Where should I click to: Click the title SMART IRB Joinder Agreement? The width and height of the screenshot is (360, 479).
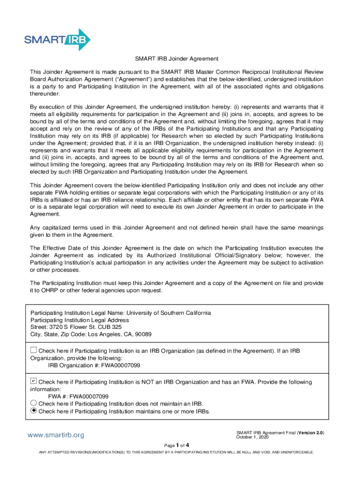(x=177, y=59)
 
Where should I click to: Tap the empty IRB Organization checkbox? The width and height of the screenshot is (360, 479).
(x=33, y=350)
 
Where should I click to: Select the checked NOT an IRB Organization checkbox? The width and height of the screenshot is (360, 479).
(x=33, y=381)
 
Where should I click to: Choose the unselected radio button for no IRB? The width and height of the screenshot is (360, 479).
(x=33, y=403)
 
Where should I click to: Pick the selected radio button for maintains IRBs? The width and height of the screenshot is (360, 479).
(x=33, y=411)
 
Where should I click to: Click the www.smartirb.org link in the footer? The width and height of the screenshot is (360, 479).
(x=56, y=435)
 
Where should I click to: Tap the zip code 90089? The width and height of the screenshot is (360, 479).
(x=144, y=334)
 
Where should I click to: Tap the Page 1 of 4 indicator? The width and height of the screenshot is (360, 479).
(x=176, y=445)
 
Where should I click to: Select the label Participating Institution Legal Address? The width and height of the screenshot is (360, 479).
(x=79, y=320)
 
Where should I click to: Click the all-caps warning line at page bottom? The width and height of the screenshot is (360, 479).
(x=176, y=452)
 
